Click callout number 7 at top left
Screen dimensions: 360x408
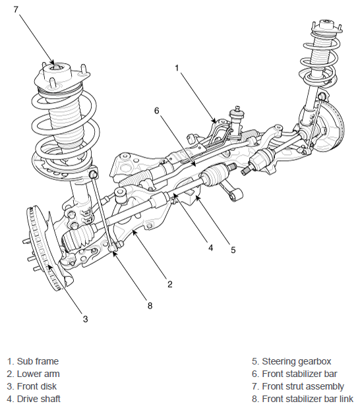tap(16, 9)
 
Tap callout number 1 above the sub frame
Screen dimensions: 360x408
tap(177, 68)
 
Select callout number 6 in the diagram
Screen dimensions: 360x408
tap(156, 111)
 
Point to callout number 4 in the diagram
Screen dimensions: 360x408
tap(210, 247)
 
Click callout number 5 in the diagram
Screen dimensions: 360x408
tap(233, 250)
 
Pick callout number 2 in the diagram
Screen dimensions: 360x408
tap(169, 284)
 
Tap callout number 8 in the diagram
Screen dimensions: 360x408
tap(150, 305)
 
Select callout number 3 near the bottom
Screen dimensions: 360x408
tap(85, 319)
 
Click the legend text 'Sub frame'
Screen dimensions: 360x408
tap(38, 361)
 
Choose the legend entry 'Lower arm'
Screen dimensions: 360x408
tap(38, 374)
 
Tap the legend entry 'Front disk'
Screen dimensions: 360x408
tap(37, 386)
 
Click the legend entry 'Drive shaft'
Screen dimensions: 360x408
tap(38, 399)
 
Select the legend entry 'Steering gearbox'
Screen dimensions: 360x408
tap(296, 361)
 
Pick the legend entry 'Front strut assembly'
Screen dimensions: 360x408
tap(303, 386)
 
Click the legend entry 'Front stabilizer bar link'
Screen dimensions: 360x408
tap(307, 399)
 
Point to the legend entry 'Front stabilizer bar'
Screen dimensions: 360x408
tap(299, 374)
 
